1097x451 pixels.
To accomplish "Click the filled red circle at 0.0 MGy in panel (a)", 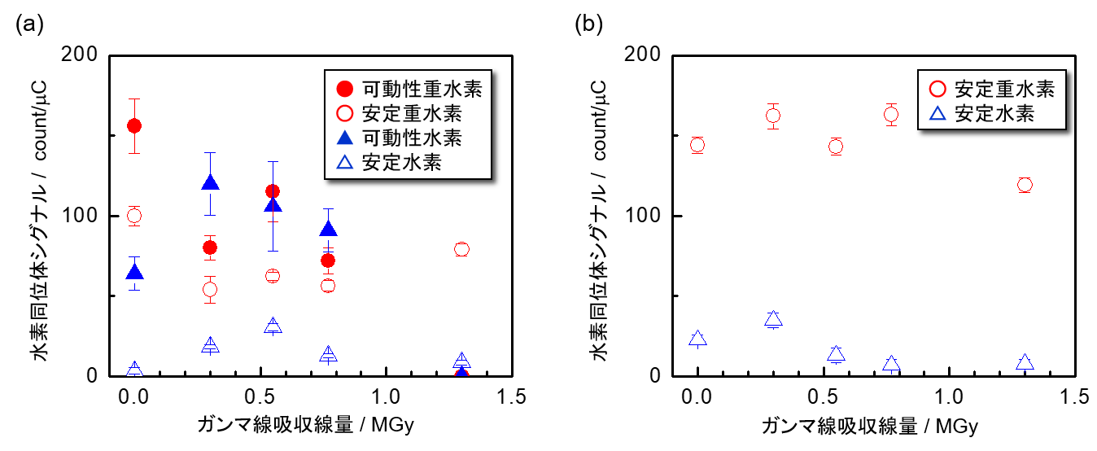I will (134, 125).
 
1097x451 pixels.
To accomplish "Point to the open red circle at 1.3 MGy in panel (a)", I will (461, 249).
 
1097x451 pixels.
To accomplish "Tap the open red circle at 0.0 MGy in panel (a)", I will (134, 216).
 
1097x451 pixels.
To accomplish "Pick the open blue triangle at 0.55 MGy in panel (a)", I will (273, 326).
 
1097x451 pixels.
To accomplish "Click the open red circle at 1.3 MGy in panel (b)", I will (1024, 185).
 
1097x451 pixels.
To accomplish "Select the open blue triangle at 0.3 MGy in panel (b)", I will (773, 319).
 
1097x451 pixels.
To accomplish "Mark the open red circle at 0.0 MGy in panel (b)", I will (697, 145).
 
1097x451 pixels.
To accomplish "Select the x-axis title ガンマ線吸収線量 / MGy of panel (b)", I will (870, 426).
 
